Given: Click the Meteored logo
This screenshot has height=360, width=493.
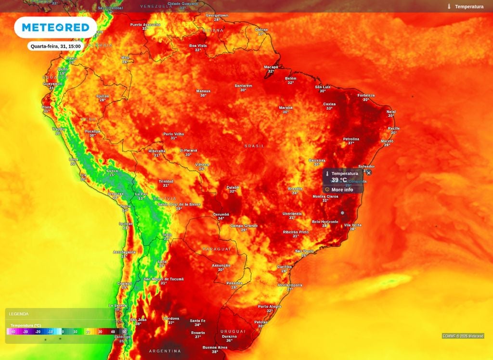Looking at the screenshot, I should (x=55, y=27).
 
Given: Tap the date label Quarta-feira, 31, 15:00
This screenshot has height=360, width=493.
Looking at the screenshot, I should (x=55, y=46).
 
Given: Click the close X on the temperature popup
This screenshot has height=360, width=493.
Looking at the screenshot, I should (x=369, y=172).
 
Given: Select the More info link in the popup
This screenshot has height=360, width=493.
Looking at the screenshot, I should (x=342, y=190).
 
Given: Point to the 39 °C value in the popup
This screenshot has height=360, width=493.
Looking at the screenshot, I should (x=339, y=180).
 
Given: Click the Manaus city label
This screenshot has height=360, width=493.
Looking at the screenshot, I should (x=203, y=91).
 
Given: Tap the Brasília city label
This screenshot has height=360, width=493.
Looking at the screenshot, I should (x=295, y=189).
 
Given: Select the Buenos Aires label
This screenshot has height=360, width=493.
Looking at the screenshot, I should (x=215, y=347).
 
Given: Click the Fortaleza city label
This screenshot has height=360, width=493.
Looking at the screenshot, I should (x=366, y=95).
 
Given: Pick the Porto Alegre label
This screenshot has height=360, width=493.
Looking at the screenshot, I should (x=270, y=307).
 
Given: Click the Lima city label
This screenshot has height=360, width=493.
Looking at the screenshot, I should (x=73, y=159).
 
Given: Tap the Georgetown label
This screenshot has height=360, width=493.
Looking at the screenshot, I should (x=217, y=15).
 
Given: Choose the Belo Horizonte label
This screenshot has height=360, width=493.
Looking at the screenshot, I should (x=325, y=221).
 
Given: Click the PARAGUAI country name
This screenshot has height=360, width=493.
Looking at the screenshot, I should (x=217, y=249).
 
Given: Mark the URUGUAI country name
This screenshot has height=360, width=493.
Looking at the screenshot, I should (x=233, y=331).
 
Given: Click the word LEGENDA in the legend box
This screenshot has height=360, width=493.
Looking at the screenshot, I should (x=19, y=314).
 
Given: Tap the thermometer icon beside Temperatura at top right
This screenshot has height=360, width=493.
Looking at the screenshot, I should (x=449, y=7).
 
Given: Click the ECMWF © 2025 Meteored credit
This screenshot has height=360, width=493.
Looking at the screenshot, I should (x=463, y=336).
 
